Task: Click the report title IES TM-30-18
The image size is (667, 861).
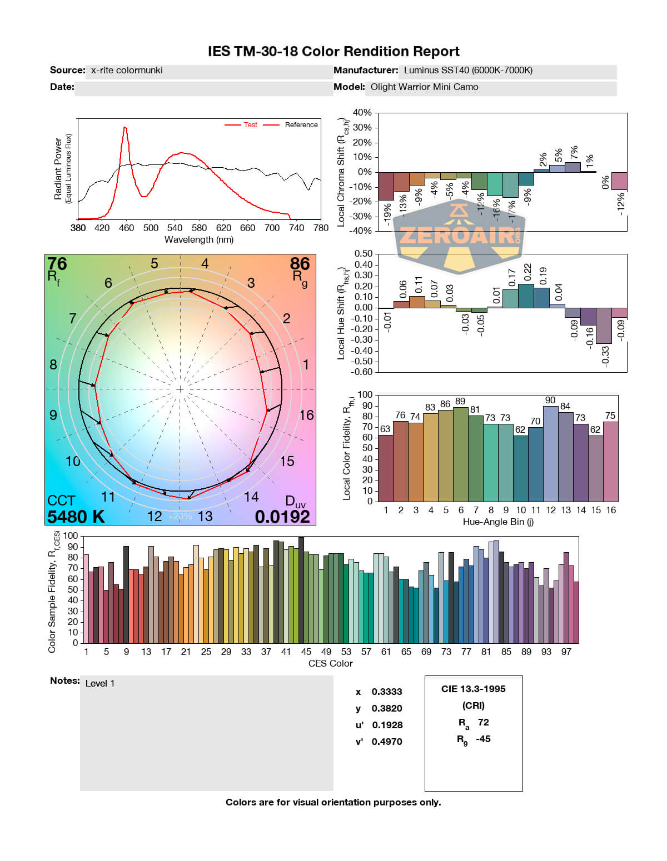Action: click(x=333, y=52)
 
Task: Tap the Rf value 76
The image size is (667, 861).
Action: click(x=57, y=263)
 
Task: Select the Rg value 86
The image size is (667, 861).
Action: click(x=300, y=263)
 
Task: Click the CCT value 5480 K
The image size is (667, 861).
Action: click(x=76, y=517)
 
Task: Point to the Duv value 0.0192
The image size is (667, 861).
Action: click(x=282, y=517)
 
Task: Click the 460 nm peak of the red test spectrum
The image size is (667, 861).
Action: click(x=125, y=128)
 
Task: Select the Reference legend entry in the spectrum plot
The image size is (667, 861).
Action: click(x=301, y=125)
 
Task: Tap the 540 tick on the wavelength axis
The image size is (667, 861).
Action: click(x=175, y=228)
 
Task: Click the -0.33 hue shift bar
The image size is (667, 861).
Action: click(x=604, y=326)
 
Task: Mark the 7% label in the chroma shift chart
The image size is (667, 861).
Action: click(x=574, y=152)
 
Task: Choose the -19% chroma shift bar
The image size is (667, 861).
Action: click(x=386, y=186)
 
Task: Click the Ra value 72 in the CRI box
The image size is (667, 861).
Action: click(x=483, y=722)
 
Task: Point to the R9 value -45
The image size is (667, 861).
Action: click(x=483, y=739)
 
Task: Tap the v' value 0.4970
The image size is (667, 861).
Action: click(x=387, y=742)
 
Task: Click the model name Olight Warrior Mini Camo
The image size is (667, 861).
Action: click(x=424, y=87)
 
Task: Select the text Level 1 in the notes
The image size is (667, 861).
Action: click(x=100, y=683)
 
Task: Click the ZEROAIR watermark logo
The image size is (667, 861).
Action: click(x=459, y=236)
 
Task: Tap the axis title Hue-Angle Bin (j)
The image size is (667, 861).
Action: click(x=498, y=522)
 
